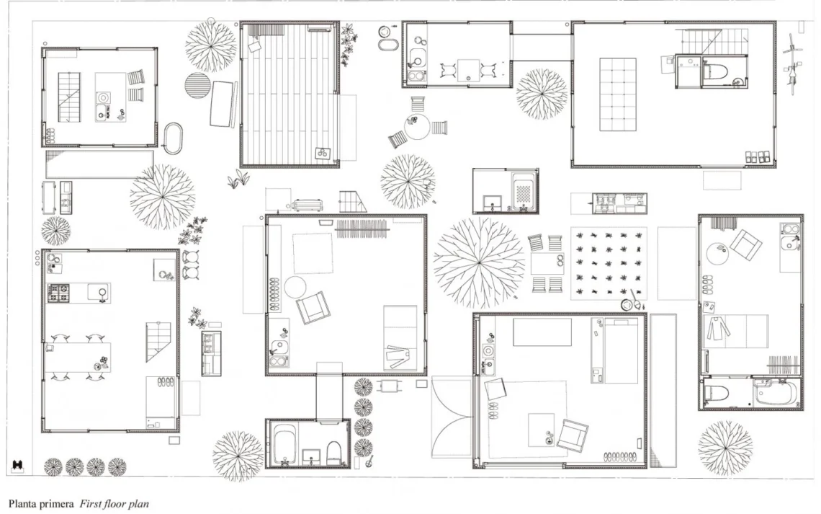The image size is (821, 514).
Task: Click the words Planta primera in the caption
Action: click(x=41, y=504)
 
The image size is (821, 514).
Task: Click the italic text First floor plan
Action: click(x=114, y=504)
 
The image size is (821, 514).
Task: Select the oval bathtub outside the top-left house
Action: click(x=174, y=138)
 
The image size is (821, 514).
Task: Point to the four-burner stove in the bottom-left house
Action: click(x=58, y=293)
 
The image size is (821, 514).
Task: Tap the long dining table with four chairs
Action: click(x=78, y=358)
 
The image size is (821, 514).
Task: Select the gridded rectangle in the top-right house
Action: click(x=618, y=94)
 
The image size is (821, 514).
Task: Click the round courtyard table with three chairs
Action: click(x=417, y=127)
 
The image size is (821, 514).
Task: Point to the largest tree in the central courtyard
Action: click(x=479, y=262)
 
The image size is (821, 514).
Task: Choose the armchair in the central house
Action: click(x=313, y=308)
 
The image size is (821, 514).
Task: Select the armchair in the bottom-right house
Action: click(x=573, y=435)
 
